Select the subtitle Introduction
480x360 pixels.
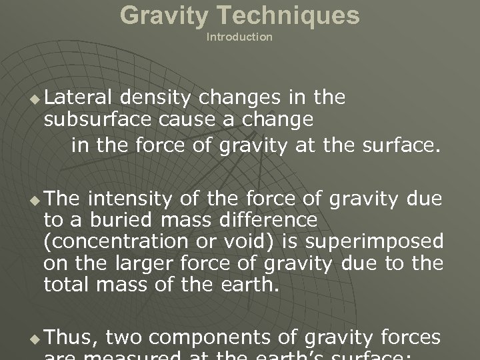[239, 37]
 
